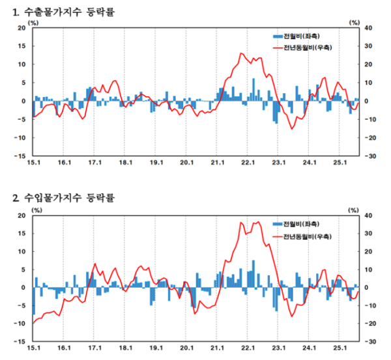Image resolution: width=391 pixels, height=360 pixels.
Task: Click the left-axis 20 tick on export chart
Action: coord(21,28)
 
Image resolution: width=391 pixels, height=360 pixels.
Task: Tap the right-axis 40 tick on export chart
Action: coord(369,28)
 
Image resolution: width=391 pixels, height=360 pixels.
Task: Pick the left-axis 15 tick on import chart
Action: coord(21,233)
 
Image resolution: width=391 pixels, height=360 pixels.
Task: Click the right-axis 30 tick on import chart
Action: coord(369,233)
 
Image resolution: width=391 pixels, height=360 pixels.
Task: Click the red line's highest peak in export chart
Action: coord(241,53)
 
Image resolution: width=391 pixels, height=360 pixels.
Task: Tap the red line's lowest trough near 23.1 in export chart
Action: coord(292,129)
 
